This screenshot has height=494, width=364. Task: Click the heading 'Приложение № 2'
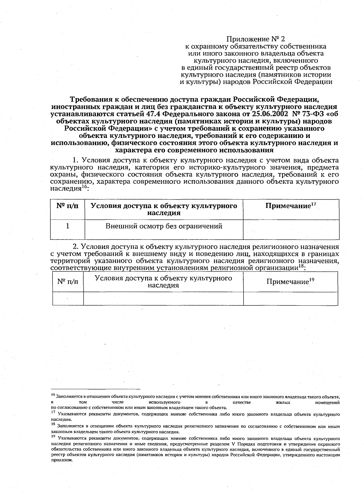click(256, 39)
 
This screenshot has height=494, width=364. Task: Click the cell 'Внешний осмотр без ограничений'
click(164, 226)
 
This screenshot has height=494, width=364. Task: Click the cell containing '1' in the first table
click(67, 226)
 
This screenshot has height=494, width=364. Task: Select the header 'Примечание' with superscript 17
click(291, 206)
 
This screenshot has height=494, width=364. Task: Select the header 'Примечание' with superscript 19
click(290, 281)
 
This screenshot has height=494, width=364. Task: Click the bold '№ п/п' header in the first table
click(67, 206)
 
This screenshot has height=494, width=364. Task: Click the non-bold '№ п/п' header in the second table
click(68, 281)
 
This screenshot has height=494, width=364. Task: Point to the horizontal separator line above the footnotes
click(96, 389)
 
